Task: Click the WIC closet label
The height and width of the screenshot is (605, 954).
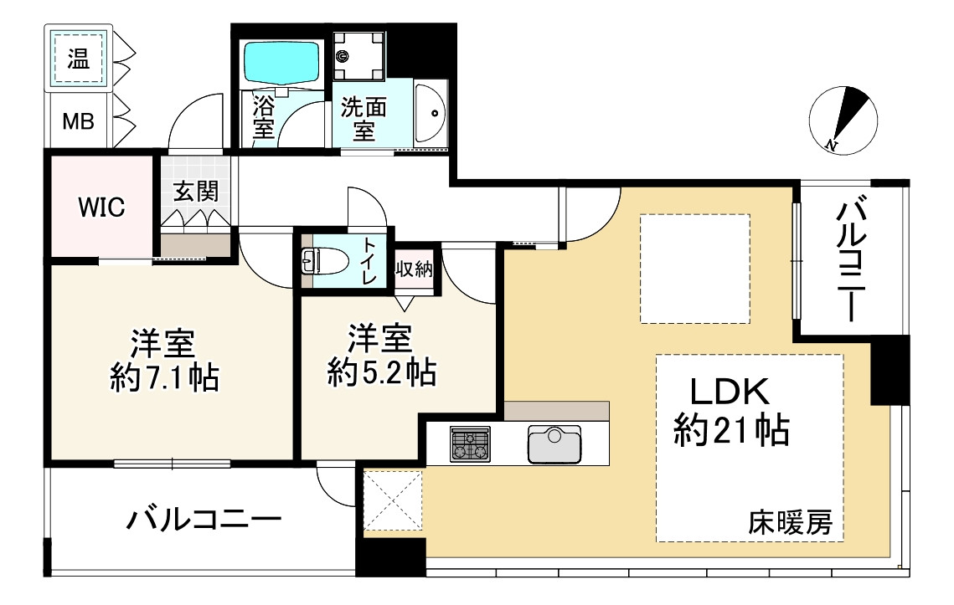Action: click(101, 208)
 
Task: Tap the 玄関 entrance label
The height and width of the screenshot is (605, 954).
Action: click(196, 191)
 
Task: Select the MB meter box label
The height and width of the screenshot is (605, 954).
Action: click(79, 121)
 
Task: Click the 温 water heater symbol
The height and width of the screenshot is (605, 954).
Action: click(79, 59)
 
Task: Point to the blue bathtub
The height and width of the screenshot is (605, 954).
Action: click(282, 62)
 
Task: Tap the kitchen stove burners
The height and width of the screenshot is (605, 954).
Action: click(471, 443)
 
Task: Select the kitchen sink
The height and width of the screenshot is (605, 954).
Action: click(554, 443)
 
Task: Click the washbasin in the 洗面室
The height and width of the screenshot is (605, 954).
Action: click(431, 113)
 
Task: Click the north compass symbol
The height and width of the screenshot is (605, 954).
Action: click(843, 120)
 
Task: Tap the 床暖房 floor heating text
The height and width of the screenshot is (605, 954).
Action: click(791, 522)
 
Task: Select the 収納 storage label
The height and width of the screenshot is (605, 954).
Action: click(415, 268)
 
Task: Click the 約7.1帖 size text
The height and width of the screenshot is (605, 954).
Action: click(165, 377)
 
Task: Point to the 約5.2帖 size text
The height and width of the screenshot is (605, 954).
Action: click(382, 372)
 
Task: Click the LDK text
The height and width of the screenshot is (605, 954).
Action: click(730, 392)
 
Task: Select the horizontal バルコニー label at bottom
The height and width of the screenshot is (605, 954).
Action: click(204, 520)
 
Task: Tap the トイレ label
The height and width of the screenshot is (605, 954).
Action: click(369, 261)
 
